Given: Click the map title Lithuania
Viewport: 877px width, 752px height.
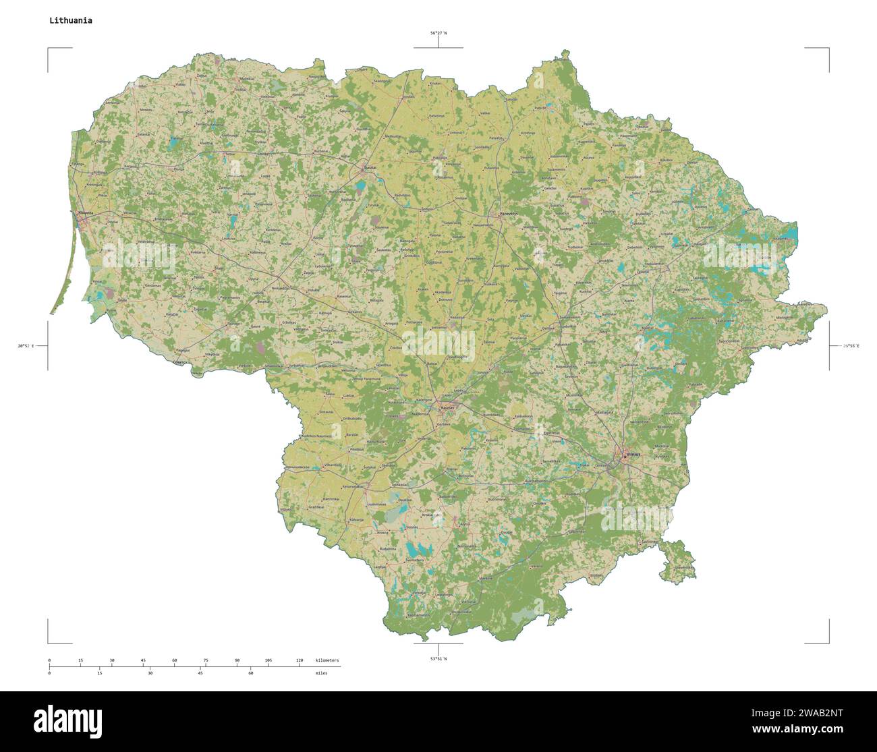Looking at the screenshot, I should click(x=70, y=20).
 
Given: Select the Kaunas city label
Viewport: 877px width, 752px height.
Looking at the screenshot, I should click(x=447, y=407).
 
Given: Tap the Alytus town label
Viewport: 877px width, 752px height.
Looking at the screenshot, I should click(x=464, y=524).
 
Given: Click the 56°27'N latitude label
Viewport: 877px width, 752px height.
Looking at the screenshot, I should click(x=438, y=32).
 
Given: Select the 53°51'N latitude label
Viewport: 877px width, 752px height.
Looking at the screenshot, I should click(x=438, y=658).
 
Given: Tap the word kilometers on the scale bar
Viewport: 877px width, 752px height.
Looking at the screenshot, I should click(x=327, y=660).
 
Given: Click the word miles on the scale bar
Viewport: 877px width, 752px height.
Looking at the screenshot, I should click(x=320, y=673).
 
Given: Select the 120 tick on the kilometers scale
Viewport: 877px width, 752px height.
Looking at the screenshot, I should click(x=299, y=660).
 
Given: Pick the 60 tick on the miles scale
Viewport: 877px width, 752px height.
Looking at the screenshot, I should click(x=250, y=673).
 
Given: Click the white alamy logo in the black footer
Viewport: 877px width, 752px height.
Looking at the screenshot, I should click(x=67, y=722).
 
